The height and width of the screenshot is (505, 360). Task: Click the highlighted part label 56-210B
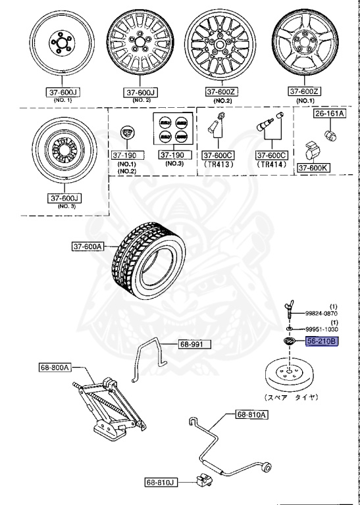coord(321,341)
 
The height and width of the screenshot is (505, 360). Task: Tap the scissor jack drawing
coord(112,406)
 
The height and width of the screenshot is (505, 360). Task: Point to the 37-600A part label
coord(88,247)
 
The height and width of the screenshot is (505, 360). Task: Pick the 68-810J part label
coord(162,482)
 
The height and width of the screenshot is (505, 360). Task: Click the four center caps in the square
coord(172,129)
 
